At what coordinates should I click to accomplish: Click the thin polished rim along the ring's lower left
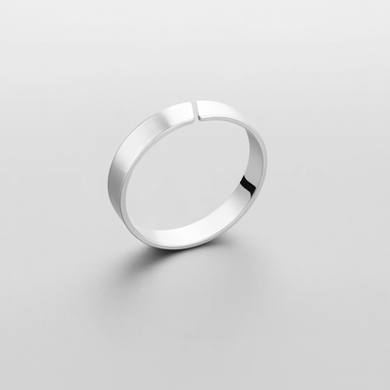click(141, 225)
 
